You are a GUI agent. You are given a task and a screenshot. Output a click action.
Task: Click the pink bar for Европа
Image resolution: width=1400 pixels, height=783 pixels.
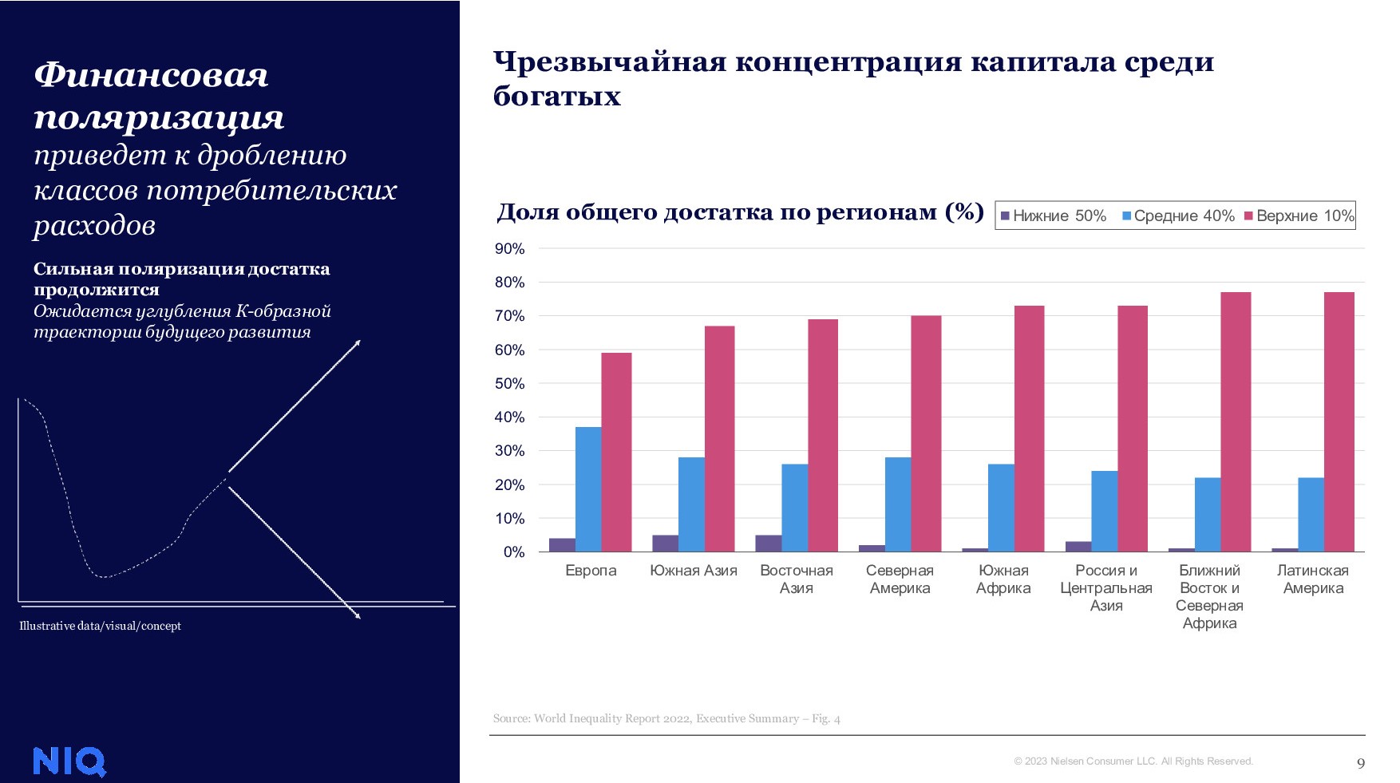point(616,452)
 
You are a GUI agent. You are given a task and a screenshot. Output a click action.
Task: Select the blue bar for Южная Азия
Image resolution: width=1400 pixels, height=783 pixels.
point(691,504)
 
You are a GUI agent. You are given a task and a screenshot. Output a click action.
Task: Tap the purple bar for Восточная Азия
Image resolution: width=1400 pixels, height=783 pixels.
point(768,544)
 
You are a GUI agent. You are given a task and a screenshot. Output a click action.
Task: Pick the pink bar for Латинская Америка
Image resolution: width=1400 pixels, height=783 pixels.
point(1339,421)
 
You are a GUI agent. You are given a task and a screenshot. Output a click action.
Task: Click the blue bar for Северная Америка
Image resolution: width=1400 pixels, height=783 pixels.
point(898,504)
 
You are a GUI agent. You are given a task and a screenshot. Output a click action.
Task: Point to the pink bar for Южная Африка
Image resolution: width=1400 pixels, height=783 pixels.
point(1029,429)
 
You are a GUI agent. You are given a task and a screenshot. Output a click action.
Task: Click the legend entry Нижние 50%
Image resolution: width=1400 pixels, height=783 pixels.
point(1054,216)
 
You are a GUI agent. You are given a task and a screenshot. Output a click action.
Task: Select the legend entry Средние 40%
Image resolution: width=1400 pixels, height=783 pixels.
point(1178,216)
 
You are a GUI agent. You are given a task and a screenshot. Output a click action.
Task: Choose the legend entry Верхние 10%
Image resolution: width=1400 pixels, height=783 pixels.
point(1299,216)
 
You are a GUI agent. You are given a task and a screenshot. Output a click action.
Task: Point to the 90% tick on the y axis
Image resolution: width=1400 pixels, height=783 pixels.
point(509,249)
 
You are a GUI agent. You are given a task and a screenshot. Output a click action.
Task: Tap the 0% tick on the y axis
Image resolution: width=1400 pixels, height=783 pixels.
point(514,552)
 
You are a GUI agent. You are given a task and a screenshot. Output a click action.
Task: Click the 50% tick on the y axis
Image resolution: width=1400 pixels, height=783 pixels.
point(509,384)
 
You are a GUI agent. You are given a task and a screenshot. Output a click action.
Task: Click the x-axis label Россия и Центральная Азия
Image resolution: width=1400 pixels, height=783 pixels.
point(1106,587)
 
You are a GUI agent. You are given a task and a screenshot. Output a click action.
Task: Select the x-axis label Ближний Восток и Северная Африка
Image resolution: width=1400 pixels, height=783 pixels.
point(1209,596)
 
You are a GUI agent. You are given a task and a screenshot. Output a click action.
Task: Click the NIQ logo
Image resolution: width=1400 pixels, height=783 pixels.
point(69,761)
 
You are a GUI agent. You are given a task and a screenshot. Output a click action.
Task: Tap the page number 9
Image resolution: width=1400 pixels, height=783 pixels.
point(1361,763)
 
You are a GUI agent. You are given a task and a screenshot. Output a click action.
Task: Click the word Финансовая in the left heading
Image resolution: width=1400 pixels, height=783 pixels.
point(151,75)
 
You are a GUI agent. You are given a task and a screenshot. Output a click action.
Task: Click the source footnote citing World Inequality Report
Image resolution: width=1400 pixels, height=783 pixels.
point(666,718)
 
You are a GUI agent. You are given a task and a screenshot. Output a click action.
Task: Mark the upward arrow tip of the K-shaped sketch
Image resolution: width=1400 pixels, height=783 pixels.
point(359,342)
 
